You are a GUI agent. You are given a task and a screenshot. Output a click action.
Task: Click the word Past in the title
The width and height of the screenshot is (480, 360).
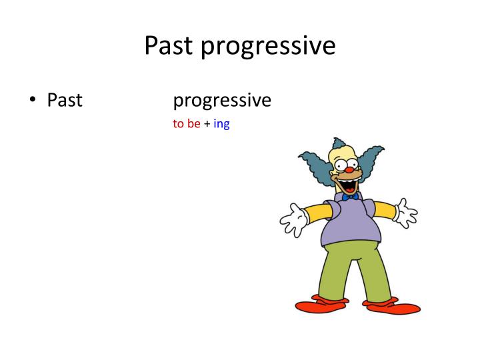click(x=169, y=45)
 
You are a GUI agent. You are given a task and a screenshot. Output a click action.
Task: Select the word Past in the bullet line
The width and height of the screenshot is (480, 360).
click(x=65, y=100)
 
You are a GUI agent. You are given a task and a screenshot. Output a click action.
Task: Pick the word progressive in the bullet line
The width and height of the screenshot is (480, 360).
click(x=222, y=101)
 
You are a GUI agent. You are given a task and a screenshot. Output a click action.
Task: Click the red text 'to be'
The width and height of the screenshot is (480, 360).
click(x=187, y=124)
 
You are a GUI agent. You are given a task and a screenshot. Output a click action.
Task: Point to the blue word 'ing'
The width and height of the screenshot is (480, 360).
click(x=221, y=125)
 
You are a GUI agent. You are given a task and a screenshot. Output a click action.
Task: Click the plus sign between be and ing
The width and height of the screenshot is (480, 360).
click(x=207, y=125)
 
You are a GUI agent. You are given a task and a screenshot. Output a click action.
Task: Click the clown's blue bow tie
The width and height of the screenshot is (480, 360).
click(x=350, y=197)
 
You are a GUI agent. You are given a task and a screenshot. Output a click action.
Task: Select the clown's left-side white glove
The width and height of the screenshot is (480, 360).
click(x=293, y=219)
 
